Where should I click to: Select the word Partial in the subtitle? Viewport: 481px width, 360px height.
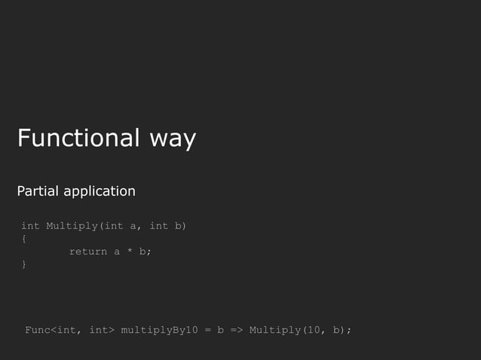pyautogui.click(x=38, y=191)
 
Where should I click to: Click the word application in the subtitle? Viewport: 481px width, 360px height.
pyautogui.click(x=100, y=192)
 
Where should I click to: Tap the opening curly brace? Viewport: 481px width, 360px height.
pyautogui.click(x=24, y=239)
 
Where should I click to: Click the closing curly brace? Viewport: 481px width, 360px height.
pyautogui.click(x=24, y=264)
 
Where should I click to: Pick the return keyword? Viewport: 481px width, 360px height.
pyautogui.click(x=88, y=252)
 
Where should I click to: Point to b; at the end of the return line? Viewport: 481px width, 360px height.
pyautogui.click(x=144, y=252)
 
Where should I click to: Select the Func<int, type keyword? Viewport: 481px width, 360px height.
pyautogui.click(x=54, y=330)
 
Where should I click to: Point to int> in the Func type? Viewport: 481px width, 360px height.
pyautogui.click(x=101, y=330)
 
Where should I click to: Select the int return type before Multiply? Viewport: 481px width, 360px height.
pyautogui.click(x=30, y=226)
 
